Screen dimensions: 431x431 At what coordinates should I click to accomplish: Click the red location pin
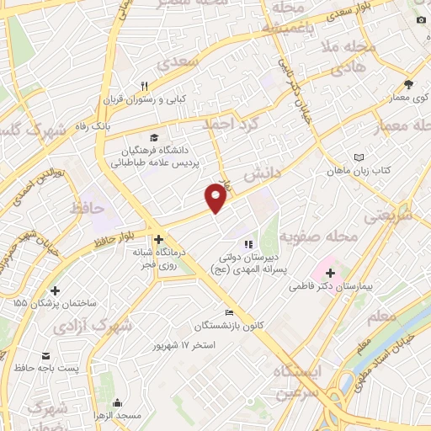pos(216,198)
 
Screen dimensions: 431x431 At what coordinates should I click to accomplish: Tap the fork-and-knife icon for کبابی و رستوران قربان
pos(145,86)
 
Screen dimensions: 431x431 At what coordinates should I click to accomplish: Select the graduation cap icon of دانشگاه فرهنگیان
pos(152,137)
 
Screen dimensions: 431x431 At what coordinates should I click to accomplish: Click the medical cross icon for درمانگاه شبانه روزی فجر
pos(158,238)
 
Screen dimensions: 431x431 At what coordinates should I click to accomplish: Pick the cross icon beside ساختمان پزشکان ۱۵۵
pos(55,290)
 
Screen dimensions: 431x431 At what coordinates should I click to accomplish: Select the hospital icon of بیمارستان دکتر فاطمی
pos(330,274)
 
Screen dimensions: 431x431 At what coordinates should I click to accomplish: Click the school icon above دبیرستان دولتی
pos(247,245)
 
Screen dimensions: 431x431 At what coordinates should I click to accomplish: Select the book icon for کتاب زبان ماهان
pos(360,157)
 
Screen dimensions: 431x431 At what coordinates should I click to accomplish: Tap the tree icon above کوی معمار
pos(408,84)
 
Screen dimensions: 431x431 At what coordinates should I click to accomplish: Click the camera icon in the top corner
pos(420,20)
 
